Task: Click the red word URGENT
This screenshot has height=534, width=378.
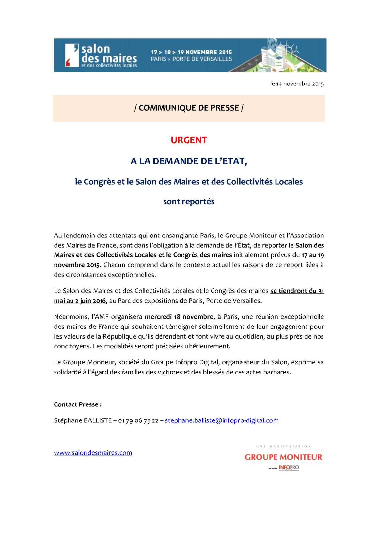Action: [189, 140]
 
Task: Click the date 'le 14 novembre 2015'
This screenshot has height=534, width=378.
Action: [297, 84]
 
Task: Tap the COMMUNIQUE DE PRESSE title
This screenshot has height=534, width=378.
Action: [189, 108]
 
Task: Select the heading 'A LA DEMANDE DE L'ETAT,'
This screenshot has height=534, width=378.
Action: [189, 161]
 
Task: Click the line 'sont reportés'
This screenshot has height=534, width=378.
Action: [189, 201]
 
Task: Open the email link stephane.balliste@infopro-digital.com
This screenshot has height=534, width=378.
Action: [222, 420]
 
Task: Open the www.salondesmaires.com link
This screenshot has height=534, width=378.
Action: [93, 453]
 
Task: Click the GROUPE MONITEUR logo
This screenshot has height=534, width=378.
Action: [283, 457]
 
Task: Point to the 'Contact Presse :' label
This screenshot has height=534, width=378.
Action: [78, 404]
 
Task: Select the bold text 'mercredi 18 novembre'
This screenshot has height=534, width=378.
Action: [179, 317]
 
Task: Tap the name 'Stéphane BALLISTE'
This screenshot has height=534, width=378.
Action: [83, 420]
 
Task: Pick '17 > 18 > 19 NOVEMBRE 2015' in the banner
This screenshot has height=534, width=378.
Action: [191, 52]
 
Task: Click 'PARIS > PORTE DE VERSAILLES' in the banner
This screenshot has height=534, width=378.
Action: [191, 59]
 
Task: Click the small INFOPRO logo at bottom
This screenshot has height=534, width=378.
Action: [289, 468]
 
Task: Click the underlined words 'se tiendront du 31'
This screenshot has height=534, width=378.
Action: [297, 291]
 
